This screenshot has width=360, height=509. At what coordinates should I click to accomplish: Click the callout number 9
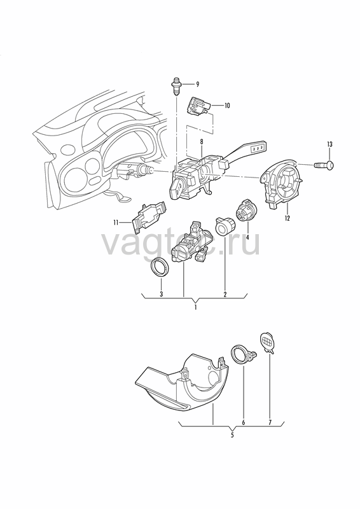point(197,85)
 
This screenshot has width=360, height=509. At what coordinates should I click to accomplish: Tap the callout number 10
point(227,106)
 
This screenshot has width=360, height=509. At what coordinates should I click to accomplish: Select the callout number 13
point(330,144)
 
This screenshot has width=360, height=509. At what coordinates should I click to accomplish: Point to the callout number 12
point(287,218)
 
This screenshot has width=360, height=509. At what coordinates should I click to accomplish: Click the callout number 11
point(116,222)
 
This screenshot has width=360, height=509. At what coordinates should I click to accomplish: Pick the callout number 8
point(202,142)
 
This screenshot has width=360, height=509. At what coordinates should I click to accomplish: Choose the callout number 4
point(247,237)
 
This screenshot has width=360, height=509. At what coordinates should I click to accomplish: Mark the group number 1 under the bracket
point(195,307)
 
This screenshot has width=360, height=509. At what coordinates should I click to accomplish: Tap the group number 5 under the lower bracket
point(232,435)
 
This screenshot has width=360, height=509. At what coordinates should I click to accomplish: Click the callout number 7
point(270,422)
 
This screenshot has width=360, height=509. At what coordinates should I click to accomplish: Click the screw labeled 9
point(176,86)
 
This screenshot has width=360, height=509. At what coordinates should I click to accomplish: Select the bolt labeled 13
point(324,165)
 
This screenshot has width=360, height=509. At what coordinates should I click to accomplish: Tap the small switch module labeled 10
point(198,106)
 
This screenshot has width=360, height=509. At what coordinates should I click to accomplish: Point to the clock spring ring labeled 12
point(282,183)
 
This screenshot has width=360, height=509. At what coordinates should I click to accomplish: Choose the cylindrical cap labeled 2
point(225,226)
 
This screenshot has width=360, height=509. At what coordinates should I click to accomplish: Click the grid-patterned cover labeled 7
point(268,342)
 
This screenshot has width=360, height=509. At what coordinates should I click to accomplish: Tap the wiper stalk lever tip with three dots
point(259,147)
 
